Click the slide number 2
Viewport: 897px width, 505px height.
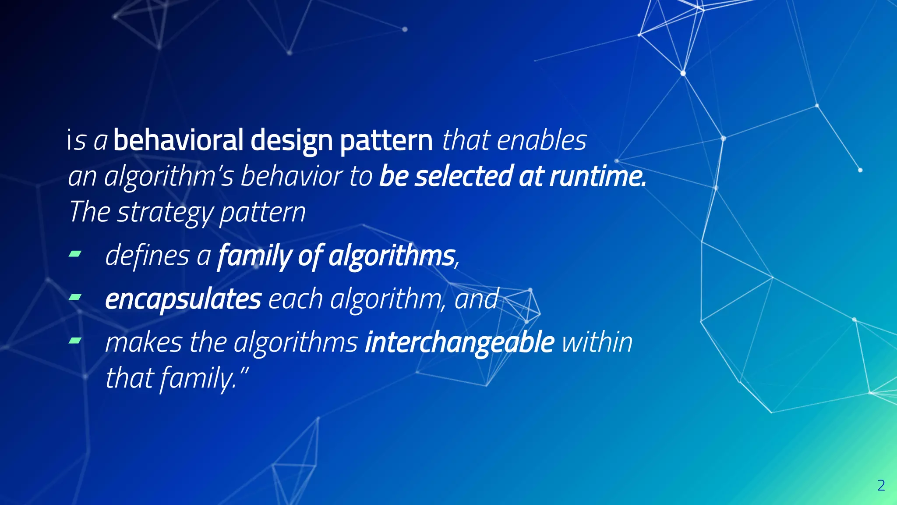[881, 486]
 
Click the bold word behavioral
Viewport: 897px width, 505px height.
[178, 140]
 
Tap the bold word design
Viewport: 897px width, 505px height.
[292, 141]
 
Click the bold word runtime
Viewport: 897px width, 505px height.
[597, 176]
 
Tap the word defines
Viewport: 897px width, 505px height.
[147, 255]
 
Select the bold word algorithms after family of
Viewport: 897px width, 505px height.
[392, 255]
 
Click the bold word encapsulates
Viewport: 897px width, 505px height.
[183, 299]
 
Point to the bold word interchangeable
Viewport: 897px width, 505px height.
[460, 342]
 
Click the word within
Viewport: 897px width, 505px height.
[597, 342]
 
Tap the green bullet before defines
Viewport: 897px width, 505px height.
[75, 253]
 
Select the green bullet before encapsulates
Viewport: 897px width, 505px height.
[75, 298]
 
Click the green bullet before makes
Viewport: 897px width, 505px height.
[75, 340]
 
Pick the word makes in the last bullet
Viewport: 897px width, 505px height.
[144, 342]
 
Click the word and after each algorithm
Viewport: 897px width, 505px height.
[477, 299]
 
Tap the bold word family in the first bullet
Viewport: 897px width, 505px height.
[254, 255]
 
